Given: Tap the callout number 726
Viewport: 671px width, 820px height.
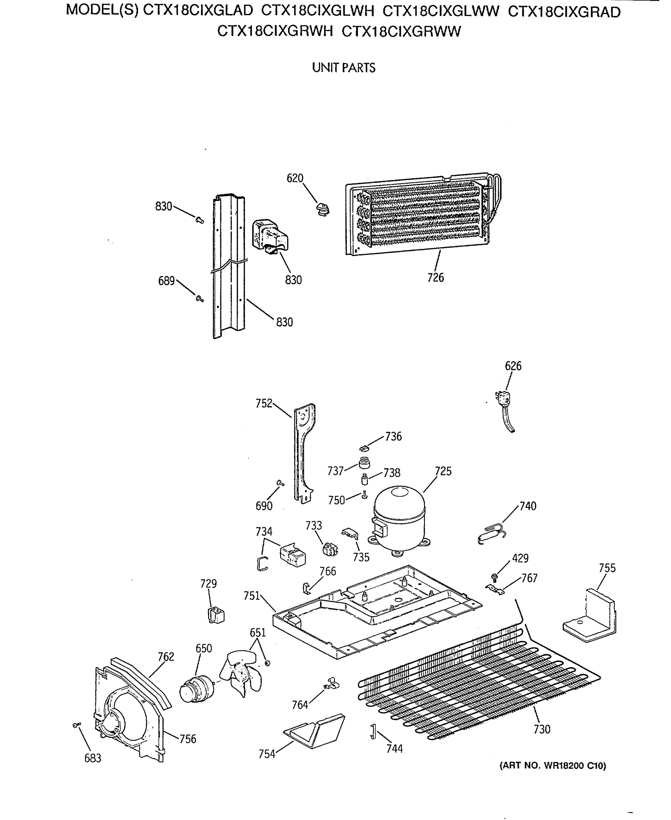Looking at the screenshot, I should [x=435, y=277].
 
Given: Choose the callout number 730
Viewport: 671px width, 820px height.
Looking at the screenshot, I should [x=542, y=729].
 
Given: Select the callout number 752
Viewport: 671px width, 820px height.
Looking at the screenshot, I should [x=264, y=403].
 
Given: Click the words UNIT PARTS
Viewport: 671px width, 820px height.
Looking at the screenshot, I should [x=344, y=68].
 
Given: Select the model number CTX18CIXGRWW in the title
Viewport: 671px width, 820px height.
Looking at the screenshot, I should [x=401, y=31].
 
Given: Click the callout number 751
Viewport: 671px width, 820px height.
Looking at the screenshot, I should [x=251, y=596].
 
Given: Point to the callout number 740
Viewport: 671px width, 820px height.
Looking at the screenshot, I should [x=528, y=506].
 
